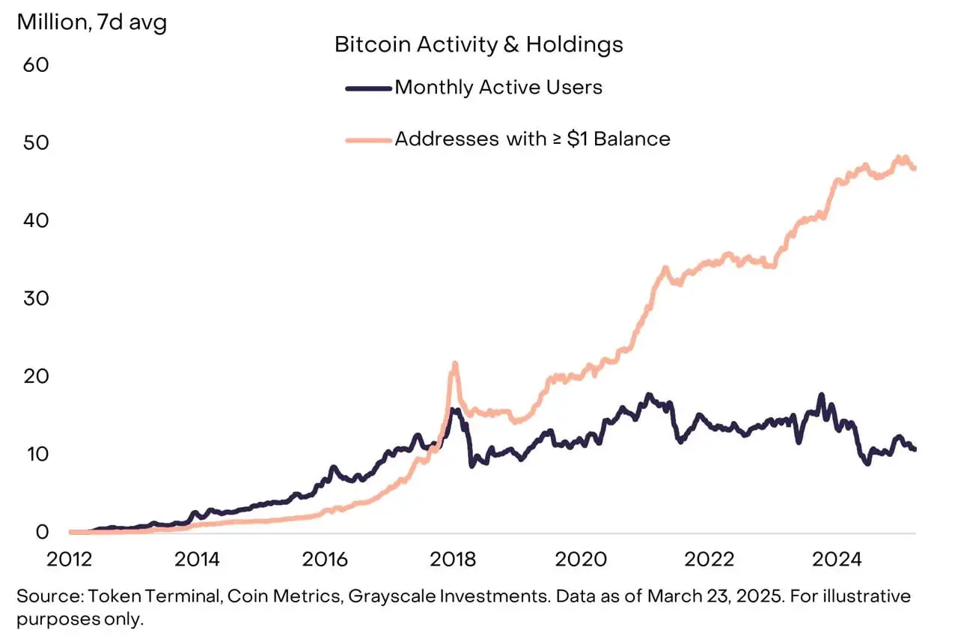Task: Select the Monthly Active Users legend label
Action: (498, 88)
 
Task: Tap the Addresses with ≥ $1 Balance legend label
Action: (532, 139)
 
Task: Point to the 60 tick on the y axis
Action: (36, 65)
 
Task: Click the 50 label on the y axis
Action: (36, 143)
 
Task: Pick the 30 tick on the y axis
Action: (36, 299)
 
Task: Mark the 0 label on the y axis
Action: (43, 533)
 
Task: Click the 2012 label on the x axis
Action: (70, 560)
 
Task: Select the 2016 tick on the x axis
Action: (325, 560)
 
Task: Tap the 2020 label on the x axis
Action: (581, 560)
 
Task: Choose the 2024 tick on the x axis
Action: (837, 560)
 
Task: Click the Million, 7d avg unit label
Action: (91, 22)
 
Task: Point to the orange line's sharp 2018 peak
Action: (454, 363)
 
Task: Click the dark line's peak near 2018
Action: (454, 410)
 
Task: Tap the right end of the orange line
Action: (915, 168)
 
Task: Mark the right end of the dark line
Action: (915, 449)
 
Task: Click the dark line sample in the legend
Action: (369, 89)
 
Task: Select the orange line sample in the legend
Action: (369, 140)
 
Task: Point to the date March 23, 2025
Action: (716, 596)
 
